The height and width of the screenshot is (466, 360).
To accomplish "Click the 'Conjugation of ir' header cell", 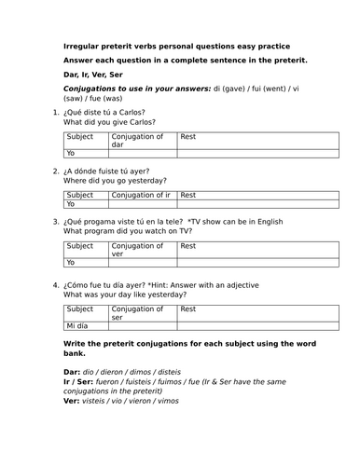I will pos(143,195).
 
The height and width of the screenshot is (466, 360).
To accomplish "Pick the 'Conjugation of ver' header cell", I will pos(143,249).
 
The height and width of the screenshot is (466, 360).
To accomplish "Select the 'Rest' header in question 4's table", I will pos(188,308).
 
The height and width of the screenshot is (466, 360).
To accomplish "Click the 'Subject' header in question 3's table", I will pos(80,245).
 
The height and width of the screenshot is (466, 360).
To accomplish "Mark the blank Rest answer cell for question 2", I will pos(256,203).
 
